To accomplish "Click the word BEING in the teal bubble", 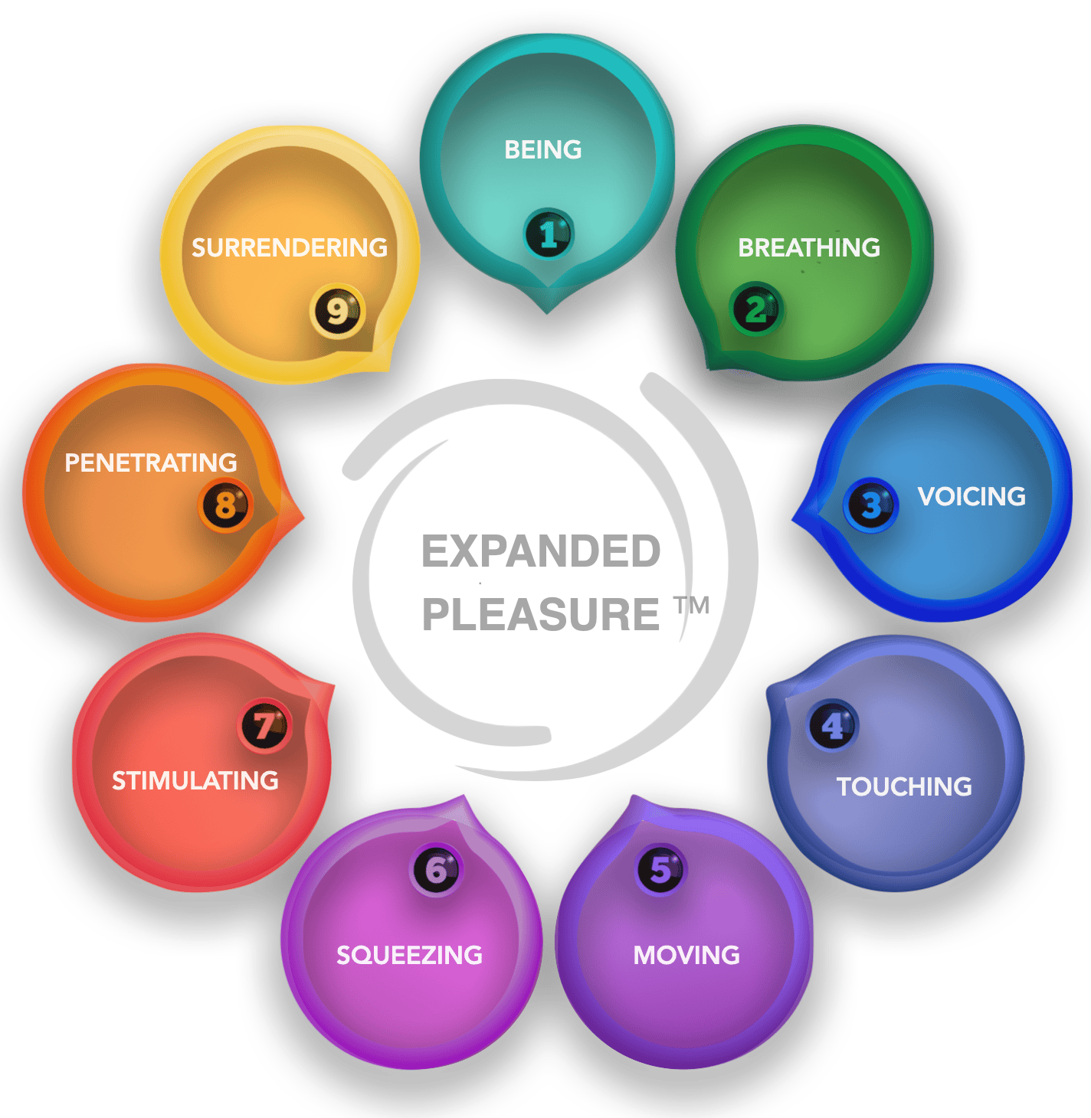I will coord(542,149).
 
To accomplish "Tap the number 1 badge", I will coord(548,234).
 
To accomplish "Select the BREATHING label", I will coord(808,247).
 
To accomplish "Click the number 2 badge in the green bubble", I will coord(755,309).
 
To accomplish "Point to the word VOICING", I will coord(971,496).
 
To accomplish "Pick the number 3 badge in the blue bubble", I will coord(870,505).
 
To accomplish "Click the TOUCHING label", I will coord(903,786).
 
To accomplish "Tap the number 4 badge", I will coord(833,725).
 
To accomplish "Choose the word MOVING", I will coord(686,955).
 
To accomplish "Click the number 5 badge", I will coord(660,870).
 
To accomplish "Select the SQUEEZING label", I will coord(409,955).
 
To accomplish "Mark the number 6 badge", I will coord(436,870).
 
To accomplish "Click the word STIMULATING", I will coord(195,780).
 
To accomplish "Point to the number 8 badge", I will coord(225,505).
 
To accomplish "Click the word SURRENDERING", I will coord(289,247).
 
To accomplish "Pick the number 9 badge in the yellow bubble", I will coord(337,311).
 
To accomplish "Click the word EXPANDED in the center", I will coord(540,551).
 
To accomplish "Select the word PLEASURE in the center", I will coord(540,614).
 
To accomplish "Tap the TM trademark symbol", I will coord(692,606).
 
